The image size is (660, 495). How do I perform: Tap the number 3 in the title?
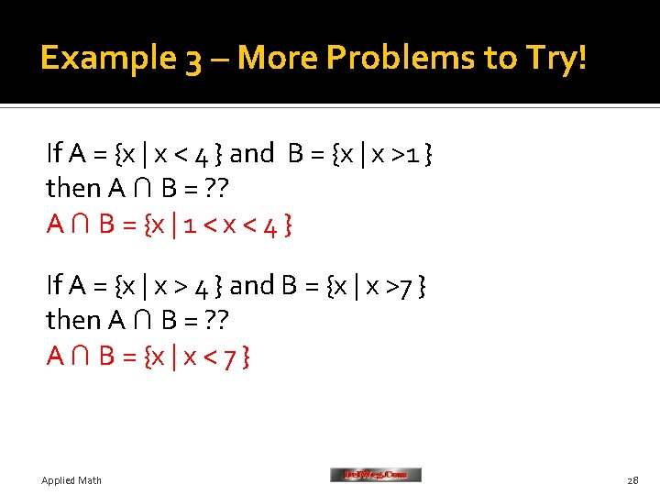(194, 60)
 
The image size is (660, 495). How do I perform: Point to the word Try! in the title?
(554, 59)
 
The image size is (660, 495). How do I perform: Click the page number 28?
(632, 480)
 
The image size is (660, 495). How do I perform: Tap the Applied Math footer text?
(71, 480)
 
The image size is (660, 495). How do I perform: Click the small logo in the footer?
(375, 475)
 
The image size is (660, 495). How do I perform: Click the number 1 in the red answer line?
(188, 224)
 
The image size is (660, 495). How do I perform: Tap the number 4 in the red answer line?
(269, 224)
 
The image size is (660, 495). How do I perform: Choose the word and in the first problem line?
(252, 154)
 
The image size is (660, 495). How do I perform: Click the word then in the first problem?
(73, 189)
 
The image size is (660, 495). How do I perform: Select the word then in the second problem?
(73, 321)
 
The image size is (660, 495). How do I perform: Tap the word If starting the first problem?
(54, 154)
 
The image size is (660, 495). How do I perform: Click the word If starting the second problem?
(54, 287)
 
